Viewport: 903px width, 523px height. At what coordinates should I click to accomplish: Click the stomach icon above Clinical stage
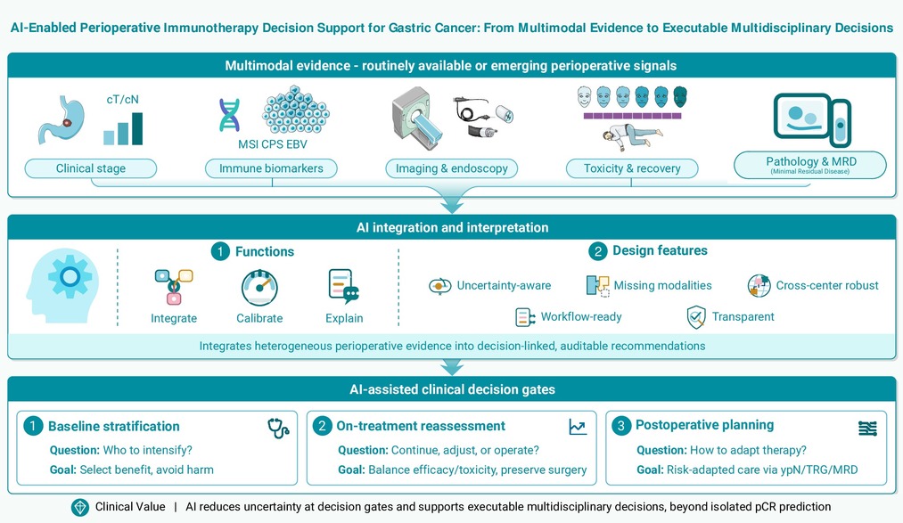point(62,119)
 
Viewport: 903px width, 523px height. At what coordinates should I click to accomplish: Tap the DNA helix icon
point(229,115)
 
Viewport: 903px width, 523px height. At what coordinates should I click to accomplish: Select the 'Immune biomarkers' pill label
point(271,168)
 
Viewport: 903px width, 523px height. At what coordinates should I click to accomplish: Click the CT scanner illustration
point(417,118)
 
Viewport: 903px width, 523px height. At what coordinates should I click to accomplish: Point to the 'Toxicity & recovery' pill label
point(632,168)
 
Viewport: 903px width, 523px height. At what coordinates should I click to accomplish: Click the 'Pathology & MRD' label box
point(809,165)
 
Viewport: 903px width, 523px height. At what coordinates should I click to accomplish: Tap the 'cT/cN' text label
point(123,100)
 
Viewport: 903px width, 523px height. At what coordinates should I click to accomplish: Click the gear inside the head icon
point(70,277)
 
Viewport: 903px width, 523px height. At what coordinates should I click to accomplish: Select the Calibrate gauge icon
point(259,287)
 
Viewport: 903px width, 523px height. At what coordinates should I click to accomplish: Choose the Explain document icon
point(344,286)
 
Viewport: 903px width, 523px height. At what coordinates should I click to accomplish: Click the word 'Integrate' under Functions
point(174,318)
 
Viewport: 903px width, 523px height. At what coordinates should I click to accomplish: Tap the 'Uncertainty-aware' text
point(504,285)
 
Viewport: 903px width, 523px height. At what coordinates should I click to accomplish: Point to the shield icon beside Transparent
point(696,317)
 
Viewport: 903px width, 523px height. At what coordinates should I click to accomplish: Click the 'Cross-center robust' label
point(827,285)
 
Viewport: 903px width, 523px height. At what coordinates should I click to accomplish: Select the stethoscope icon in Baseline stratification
point(278,428)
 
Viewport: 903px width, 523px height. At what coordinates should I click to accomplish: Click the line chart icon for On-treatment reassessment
point(578,427)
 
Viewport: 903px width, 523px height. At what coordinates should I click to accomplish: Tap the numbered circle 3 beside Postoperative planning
point(620,426)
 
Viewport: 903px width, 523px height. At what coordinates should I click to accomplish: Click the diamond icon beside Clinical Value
point(80,507)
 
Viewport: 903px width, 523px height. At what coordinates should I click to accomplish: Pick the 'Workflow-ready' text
point(581,317)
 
